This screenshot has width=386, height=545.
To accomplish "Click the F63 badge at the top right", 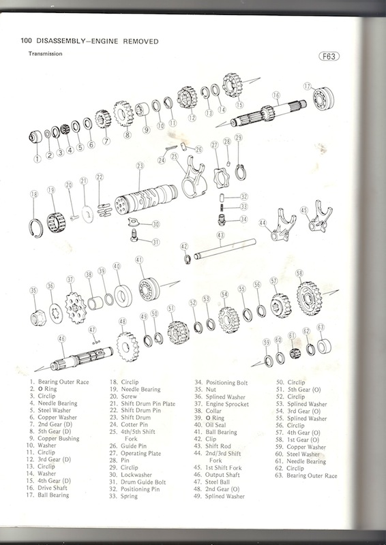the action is pos(329,56).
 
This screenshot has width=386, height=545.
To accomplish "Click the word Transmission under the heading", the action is pos(45,54).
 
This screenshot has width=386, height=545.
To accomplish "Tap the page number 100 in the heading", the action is pos(26,41).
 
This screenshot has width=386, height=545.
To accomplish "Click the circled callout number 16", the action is pos(276,95).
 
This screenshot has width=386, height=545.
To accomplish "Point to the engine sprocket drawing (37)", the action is pos(76,308).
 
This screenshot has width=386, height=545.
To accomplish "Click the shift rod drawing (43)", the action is pos(225,249).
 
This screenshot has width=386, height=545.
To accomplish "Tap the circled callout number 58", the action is pos(299,273).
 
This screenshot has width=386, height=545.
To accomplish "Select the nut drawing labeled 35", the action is pos(38,317).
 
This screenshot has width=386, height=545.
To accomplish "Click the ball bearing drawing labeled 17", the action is pos(323,99).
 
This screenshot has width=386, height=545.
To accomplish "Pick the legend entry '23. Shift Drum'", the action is pos(130,418).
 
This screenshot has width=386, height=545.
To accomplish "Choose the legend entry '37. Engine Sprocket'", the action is pos(222,404).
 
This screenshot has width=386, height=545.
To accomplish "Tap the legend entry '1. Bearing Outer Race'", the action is pos(59,382).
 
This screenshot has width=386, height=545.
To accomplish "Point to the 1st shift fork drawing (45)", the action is pos(321,217).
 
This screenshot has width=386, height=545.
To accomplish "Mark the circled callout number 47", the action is pos(92,330).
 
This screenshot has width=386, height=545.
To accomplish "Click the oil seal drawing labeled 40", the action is pos(123,296).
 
